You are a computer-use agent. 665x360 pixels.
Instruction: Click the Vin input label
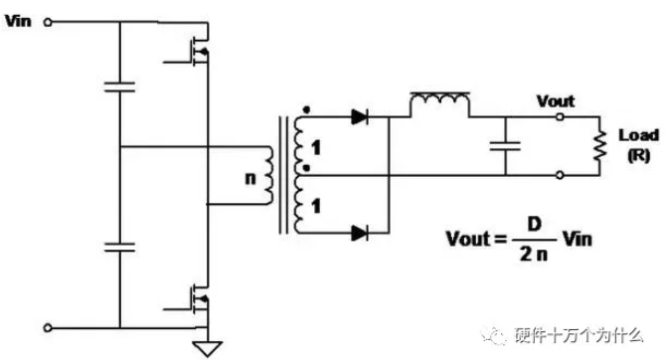18,20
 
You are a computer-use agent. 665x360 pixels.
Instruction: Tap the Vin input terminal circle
48,23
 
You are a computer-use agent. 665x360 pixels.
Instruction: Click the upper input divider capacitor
119,88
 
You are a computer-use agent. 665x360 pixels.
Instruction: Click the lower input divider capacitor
119,248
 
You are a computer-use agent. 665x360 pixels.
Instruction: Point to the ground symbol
208,348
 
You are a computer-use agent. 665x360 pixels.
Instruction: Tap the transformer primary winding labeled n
268,175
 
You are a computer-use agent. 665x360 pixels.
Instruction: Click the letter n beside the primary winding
250,178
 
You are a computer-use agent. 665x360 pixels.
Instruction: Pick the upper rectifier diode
359,116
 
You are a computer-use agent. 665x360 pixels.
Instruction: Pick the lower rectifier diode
359,233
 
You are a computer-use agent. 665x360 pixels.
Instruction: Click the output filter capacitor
505,146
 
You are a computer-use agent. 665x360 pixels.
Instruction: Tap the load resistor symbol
599,145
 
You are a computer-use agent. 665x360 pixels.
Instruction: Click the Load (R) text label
639,145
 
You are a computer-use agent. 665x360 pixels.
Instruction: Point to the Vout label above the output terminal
556,101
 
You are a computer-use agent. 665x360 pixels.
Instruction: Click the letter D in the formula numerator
535,224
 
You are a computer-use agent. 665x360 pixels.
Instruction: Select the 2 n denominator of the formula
534,254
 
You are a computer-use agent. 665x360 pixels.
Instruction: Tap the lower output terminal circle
560,175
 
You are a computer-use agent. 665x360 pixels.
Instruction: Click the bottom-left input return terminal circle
48,328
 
